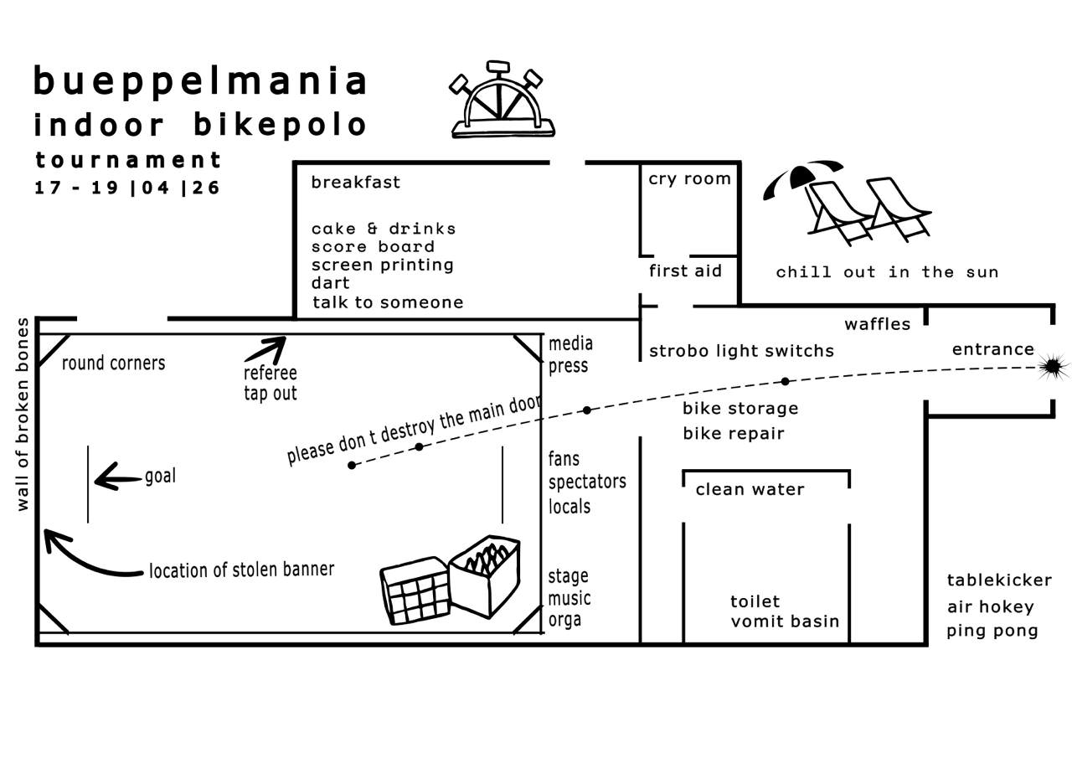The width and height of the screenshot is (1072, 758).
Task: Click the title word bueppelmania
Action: pyautogui.click(x=201, y=81)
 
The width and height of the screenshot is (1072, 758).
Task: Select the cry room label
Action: pyautogui.click(x=689, y=179)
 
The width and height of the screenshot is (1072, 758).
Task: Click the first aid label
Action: pyautogui.click(x=685, y=271)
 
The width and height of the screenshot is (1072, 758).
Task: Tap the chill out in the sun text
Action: pyautogui.click(x=887, y=272)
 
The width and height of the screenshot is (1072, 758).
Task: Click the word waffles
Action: pyautogui.click(x=877, y=324)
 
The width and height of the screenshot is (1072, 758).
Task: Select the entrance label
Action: pyautogui.click(x=992, y=349)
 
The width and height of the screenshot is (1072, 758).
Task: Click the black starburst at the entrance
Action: pyautogui.click(x=1053, y=366)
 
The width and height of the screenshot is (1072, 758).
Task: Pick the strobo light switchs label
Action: pyautogui.click(x=741, y=351)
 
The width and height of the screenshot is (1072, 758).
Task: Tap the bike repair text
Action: pyautogui.click(x=734, y=433)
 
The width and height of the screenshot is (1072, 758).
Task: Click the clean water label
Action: pyautogui.click(x=750, y=489)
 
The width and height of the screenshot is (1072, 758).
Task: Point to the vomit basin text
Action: pyautogui.click(x=785, y=621)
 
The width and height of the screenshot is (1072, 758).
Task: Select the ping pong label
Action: pyautogui.click(x=992, y=631)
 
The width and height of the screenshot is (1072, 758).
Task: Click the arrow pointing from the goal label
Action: pyautogui.click(x=117, y=480)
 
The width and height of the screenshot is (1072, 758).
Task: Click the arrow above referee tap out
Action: pyautogui.click(x=266, y=348)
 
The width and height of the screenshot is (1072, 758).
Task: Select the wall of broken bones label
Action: pyautogui.click(x=23, y=415)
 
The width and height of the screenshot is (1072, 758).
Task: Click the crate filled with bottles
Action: pyautogui.click(x=484, y=574)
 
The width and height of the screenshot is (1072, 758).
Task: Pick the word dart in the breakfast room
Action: pyautogui.click(x=330, y=283)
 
